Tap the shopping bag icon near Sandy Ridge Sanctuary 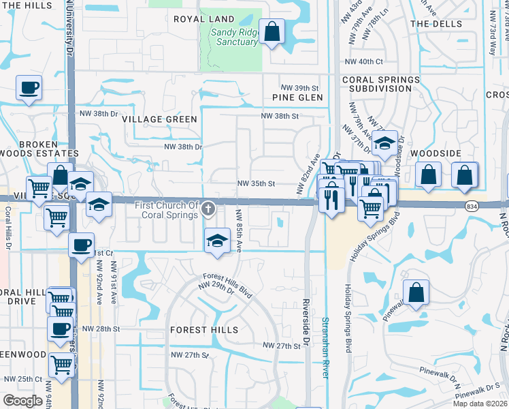pos(272,31)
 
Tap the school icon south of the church pos(217,241)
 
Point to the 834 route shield pos(471,205)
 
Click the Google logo pos(23,400)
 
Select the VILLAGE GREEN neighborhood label pos(160,119)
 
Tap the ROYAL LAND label pos(204,19)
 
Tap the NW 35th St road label pos(256,184)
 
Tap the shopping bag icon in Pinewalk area pos(416,292)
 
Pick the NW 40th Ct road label pos(364,61)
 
